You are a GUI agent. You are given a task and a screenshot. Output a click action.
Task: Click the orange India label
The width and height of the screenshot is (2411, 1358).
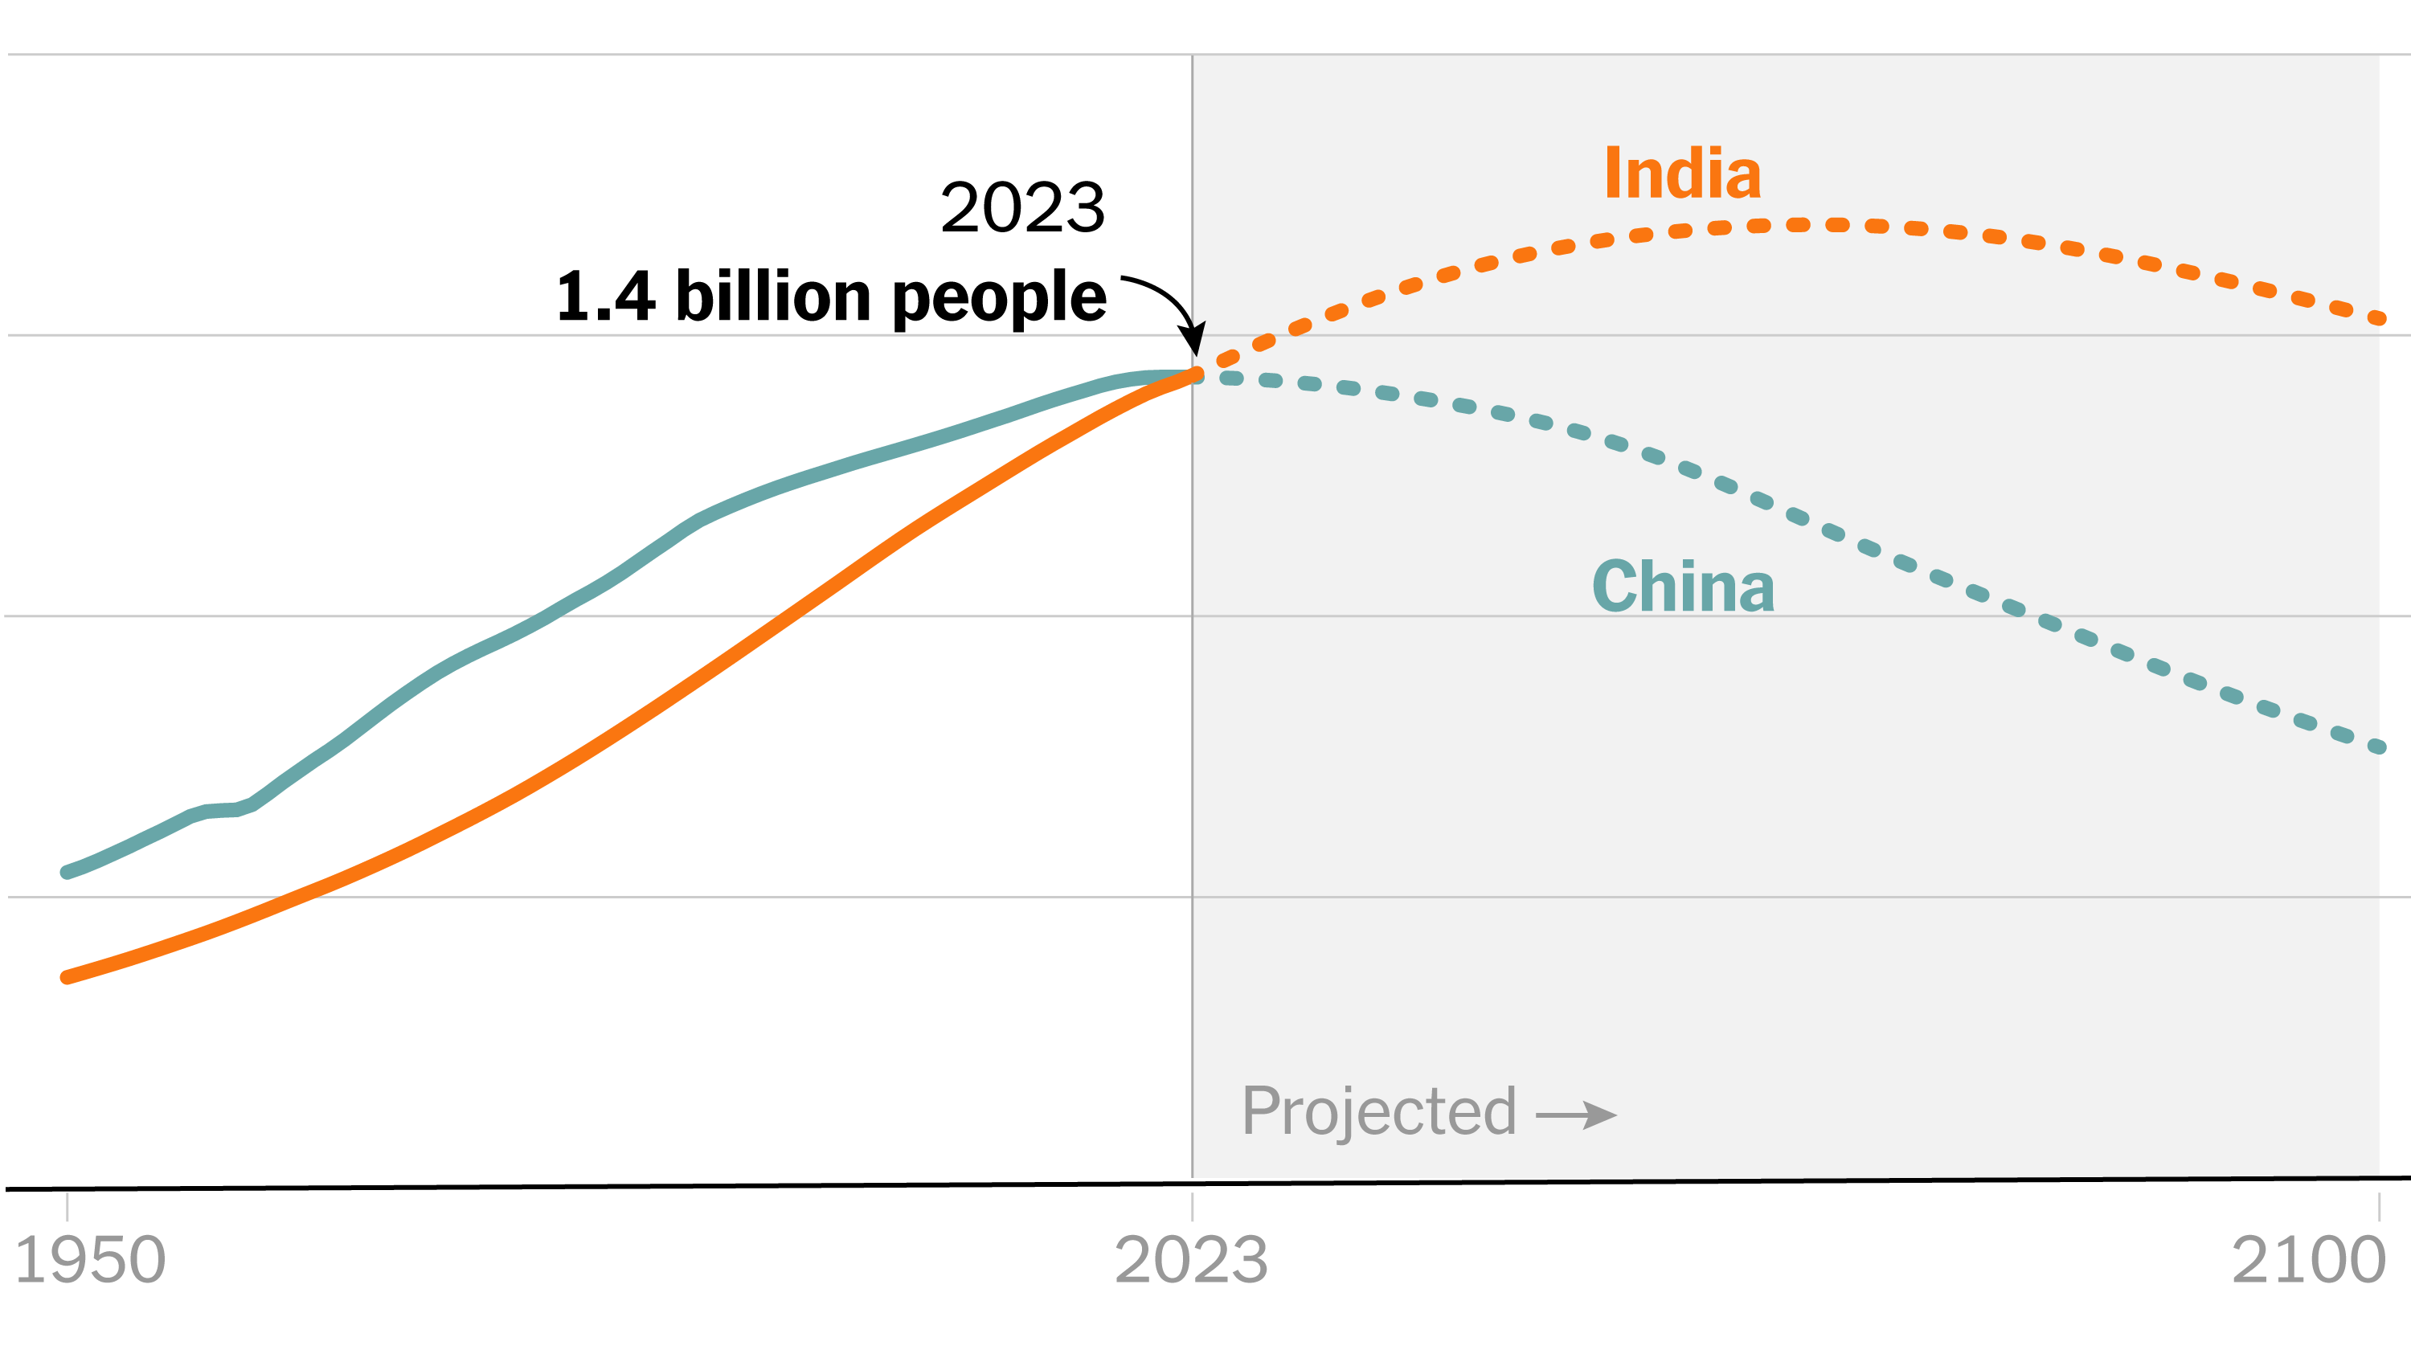click(1682, 174)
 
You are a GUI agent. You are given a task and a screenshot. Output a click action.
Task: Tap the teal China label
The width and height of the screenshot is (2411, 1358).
click(1683, 587)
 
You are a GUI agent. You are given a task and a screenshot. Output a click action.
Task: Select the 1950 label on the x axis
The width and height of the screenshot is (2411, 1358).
click(90, 1260)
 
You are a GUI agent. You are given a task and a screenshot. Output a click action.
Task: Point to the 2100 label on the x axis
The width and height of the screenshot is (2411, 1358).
click(2308, 1260)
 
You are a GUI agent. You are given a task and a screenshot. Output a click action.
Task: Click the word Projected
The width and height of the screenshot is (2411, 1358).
click(1378, 1113)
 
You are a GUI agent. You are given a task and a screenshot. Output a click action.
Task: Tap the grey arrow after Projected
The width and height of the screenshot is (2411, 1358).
click(1577, 1115)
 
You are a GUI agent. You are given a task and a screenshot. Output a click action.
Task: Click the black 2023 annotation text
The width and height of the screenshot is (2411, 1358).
click(1022, 208)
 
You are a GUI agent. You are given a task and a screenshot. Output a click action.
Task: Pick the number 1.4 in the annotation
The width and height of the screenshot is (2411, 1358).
click(605, 297)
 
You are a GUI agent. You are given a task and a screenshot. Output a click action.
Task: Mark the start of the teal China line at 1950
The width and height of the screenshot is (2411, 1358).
click(67, 873)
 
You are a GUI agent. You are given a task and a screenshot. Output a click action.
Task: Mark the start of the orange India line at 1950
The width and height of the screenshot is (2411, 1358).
click(67, 977)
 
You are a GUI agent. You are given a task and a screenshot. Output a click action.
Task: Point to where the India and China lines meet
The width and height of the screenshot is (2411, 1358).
click(1195, 376)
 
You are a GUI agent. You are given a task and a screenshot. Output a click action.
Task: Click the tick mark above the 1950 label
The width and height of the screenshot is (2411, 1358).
click(67, 1205)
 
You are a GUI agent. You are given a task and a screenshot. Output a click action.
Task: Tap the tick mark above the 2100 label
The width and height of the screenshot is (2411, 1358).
click(2378, 1205)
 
